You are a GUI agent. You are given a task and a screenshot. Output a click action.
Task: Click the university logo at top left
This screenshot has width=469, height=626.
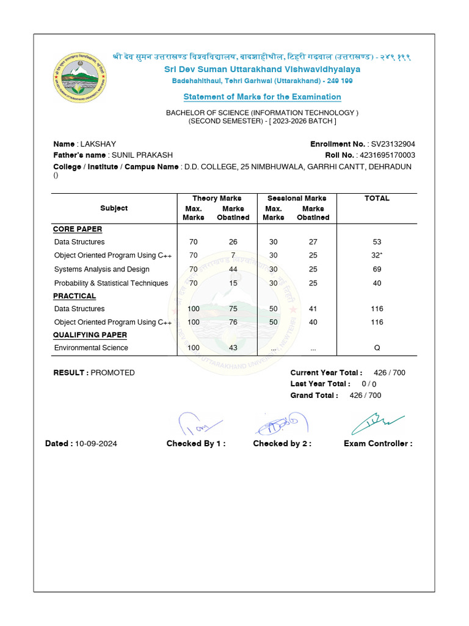79,79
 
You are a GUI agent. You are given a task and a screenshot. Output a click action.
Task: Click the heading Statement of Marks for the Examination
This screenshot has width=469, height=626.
262,97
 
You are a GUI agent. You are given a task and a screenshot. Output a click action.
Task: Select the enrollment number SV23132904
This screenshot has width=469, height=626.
393,144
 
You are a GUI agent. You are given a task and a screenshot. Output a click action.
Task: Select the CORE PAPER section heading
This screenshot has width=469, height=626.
78,229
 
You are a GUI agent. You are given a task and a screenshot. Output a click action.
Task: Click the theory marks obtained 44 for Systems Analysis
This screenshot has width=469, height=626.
233,270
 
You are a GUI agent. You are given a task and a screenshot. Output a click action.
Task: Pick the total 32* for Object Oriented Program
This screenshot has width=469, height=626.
377,256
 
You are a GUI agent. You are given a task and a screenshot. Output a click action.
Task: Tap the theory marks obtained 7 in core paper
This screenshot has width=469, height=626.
233,256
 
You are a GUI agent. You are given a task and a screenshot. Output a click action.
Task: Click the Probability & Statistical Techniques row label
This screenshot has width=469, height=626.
111,283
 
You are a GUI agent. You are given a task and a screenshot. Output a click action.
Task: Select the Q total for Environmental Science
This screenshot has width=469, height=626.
377,348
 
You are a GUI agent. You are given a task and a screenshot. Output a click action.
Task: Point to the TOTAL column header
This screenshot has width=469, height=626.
377,199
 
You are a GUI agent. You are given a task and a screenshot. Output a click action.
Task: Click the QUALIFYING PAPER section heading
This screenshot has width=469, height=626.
90,335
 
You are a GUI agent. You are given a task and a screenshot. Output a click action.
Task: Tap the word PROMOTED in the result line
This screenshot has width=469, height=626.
113,373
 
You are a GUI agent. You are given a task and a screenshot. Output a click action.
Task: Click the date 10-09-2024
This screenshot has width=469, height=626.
96,444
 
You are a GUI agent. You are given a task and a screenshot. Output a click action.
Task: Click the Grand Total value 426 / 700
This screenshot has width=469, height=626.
365,396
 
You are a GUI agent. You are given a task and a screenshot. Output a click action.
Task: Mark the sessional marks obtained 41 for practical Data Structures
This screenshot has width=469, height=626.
313,309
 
